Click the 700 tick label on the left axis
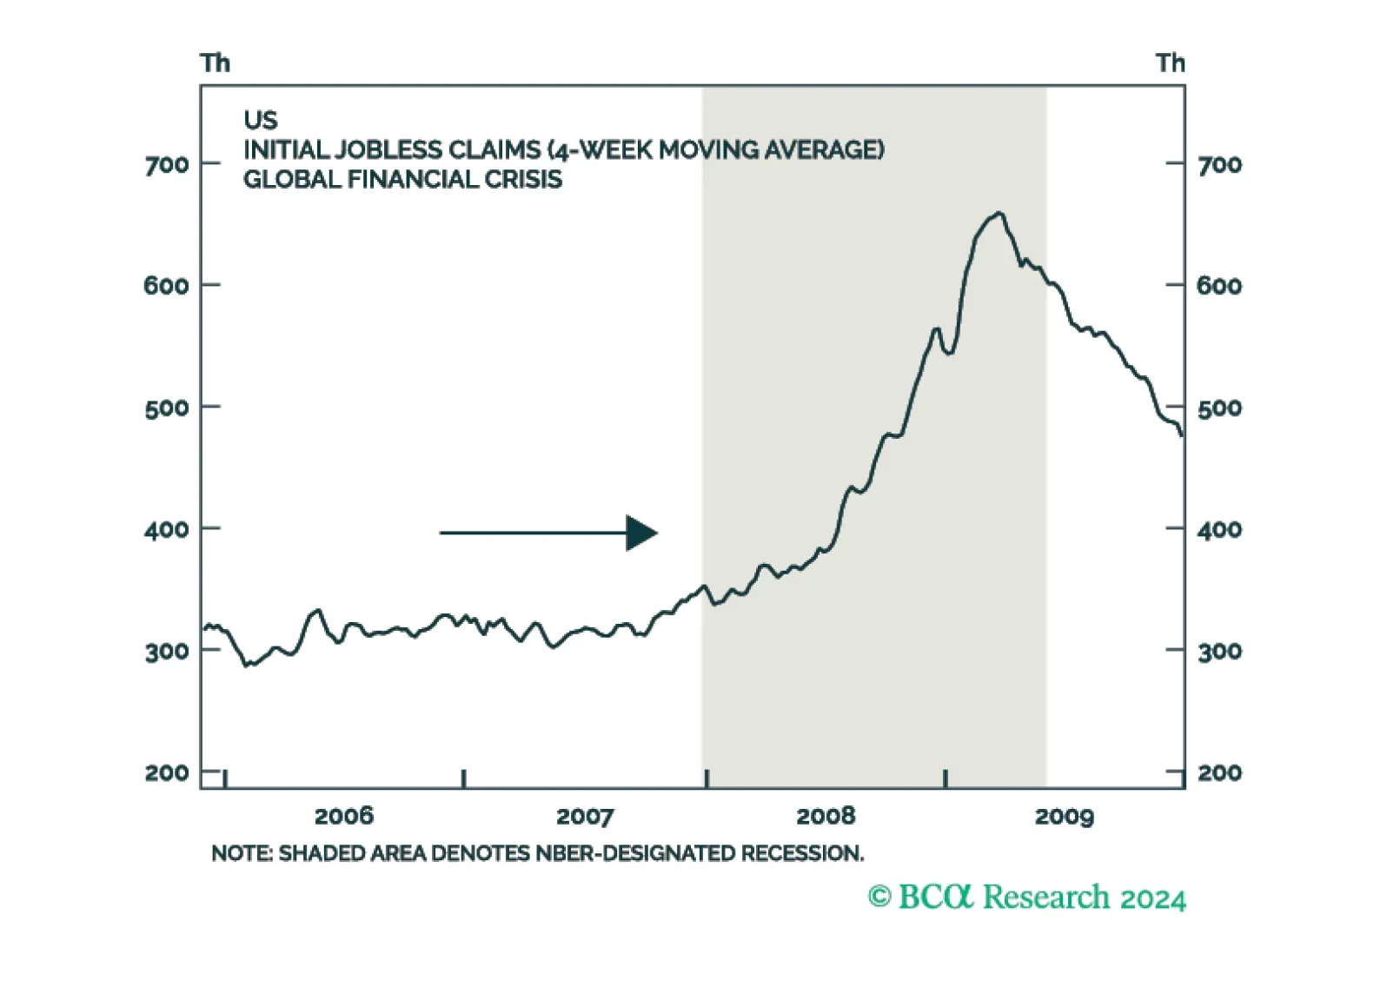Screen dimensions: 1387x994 coord(167,165)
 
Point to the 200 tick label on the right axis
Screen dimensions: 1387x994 coord(1220,773)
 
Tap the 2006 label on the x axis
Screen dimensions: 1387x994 coord(344,817)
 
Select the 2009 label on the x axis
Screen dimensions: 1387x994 coord(1065,817)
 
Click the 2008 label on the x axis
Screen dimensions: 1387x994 coord(826,817)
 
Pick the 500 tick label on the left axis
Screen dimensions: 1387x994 coord(167,408)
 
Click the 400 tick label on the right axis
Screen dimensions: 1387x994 coord(1220,530)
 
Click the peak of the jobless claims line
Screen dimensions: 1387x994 coord(999,213)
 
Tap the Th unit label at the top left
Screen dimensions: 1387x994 coord(215,63)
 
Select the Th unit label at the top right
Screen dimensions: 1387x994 coord(1171,63)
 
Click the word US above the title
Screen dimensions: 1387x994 coord(261,120)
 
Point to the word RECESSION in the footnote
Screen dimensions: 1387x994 coord(802,853)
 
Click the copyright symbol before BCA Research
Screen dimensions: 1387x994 coord(879,897)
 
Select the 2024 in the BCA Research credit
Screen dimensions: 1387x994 coord(1153,898)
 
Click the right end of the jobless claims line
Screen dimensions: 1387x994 coord(1182,435)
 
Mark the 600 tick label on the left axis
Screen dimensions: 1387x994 coord(167,287)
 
